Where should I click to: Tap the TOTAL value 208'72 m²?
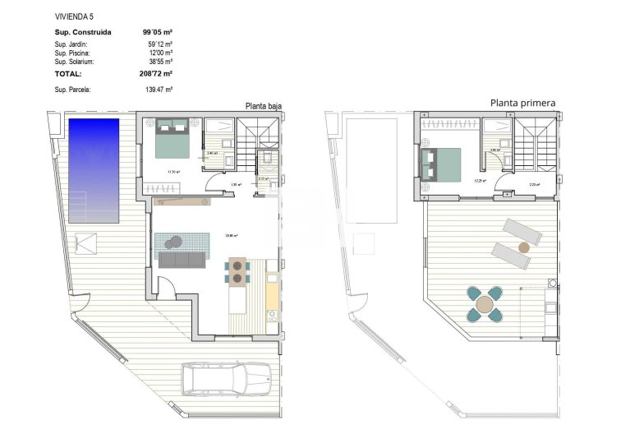(x=157, y=73)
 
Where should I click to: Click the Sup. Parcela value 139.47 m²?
(x=158, y=89)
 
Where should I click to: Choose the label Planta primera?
(x=522, y=103)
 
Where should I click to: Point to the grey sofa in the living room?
(x=182, y=260)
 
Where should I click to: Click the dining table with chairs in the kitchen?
(x=238, y=271)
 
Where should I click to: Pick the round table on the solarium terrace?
(x=485, y=304)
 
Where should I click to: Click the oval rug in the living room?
(x=173, y=241)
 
